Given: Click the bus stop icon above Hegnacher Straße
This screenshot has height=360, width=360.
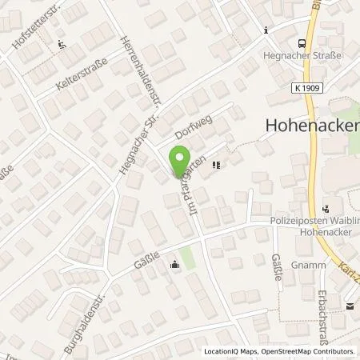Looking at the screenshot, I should [301, 44].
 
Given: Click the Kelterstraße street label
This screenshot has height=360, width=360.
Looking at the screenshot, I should [64, 82].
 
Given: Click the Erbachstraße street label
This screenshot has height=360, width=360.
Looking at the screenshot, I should [323, 308].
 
